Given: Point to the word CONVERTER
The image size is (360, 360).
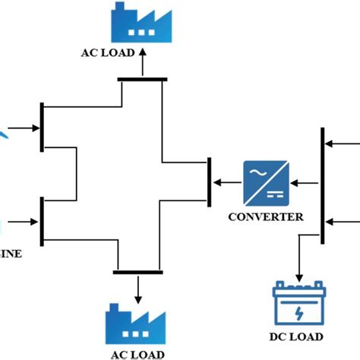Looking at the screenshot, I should (x=266, y=216).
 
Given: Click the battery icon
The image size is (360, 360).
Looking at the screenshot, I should (x=298, y=303).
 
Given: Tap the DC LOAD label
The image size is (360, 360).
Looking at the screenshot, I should (x=298, y=336).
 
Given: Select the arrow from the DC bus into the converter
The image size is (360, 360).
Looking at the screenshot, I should (x=305, y=182).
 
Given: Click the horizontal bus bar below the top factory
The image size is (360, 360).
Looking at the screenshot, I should (x=142, y=78).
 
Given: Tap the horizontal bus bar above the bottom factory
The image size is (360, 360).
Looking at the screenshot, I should (x=138, y=271).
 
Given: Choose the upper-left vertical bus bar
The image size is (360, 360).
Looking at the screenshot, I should (x=43, y=126).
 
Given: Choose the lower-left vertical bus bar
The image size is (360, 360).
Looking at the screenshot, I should (x=43, y=221).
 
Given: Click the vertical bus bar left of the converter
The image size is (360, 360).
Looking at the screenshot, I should (x=208, y=182).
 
